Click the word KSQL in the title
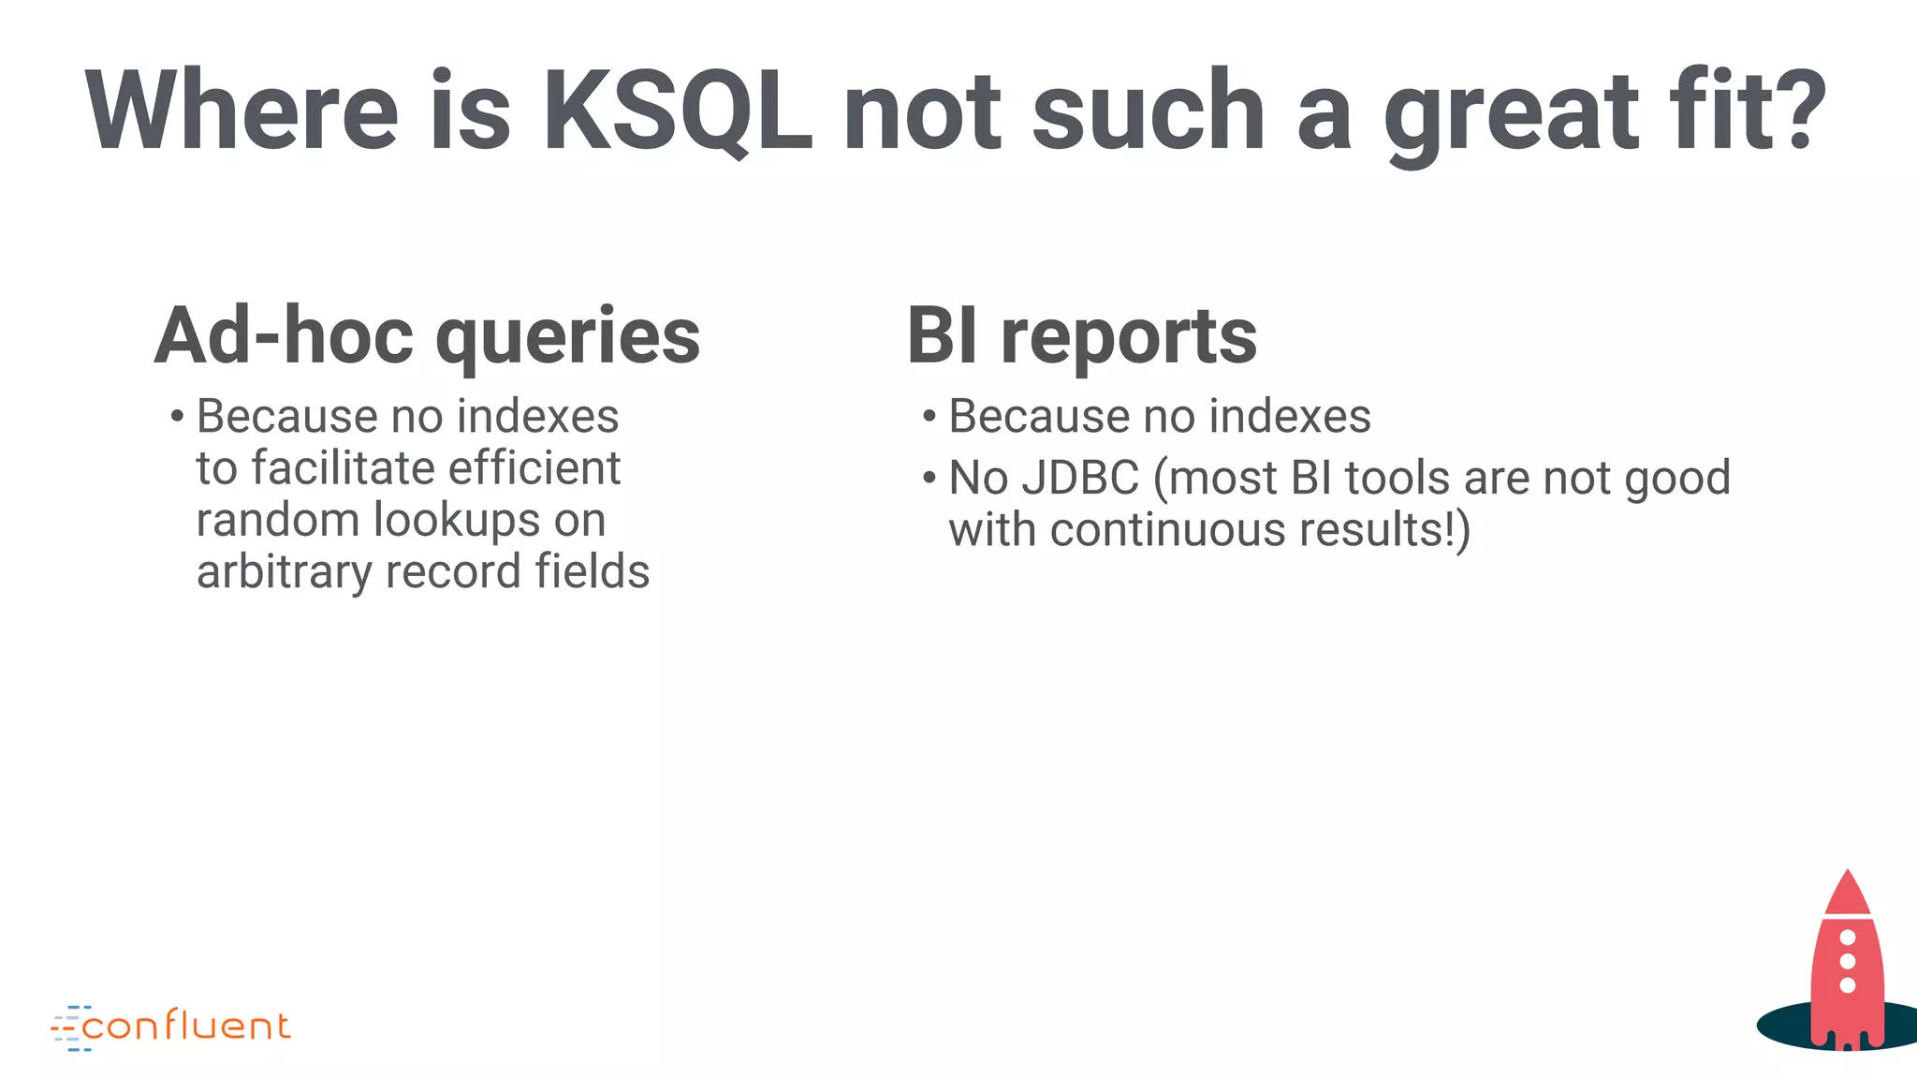677,111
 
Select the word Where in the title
241,111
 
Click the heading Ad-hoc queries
427,335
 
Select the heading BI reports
1081,335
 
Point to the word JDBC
1079,478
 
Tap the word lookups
456,520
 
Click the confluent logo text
186,1027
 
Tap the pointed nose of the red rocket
1847,877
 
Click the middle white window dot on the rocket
1848,961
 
